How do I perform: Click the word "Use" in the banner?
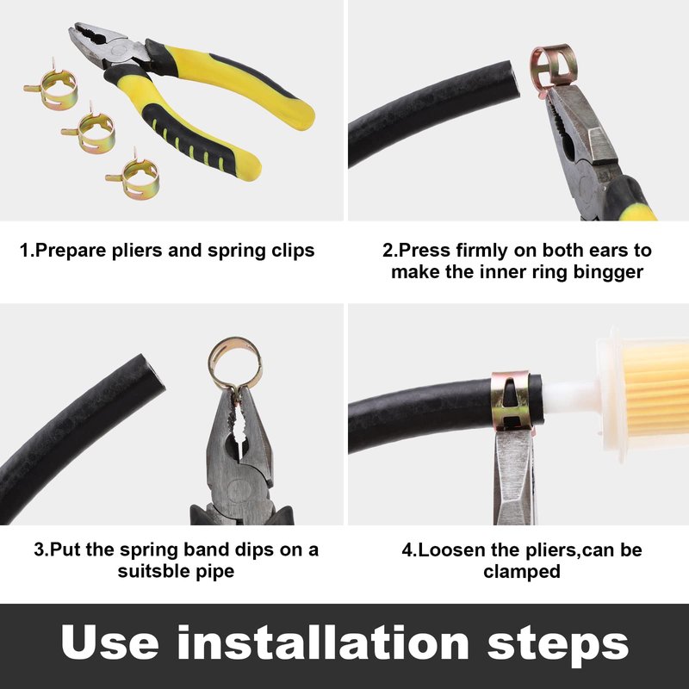110,643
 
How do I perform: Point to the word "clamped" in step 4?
522,572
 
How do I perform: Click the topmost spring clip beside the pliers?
52,88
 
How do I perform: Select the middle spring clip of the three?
90,131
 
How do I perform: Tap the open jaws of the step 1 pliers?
91,40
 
